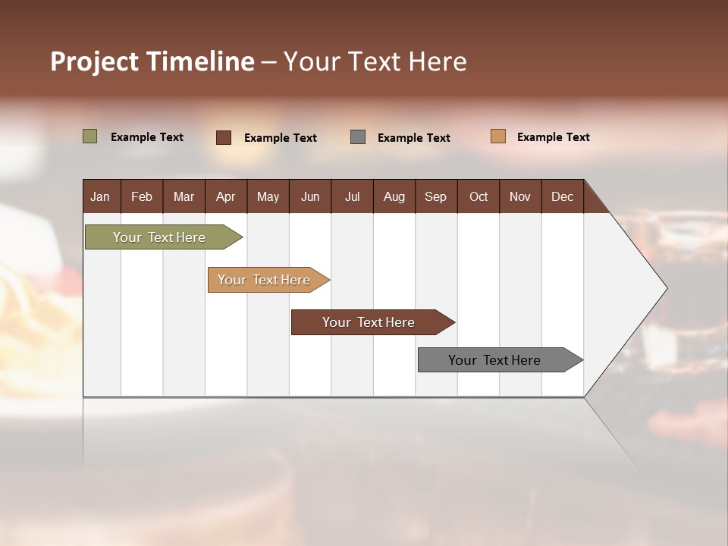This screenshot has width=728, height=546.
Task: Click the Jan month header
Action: (101, 196)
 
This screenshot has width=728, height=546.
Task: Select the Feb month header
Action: (142, 196)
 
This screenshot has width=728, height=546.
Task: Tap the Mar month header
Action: (184, 196)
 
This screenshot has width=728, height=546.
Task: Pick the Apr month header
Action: (226, 196)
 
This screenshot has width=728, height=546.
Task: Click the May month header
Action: (268, 196)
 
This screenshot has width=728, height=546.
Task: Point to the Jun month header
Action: (310, 196)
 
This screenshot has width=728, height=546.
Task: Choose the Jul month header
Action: (352, 196)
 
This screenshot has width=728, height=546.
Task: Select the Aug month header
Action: (394, 196)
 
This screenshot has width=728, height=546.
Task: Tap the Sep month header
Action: (436, 196)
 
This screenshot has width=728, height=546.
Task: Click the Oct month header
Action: (479, 196)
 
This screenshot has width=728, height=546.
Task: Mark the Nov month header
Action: (520, 196)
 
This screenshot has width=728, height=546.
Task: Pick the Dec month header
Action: (563, 196)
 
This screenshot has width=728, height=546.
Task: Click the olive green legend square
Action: (90, 136)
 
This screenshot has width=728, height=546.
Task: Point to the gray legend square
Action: (358, 137)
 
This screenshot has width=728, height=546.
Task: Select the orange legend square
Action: (498, 136)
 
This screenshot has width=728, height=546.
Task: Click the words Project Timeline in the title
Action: (152, 61)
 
